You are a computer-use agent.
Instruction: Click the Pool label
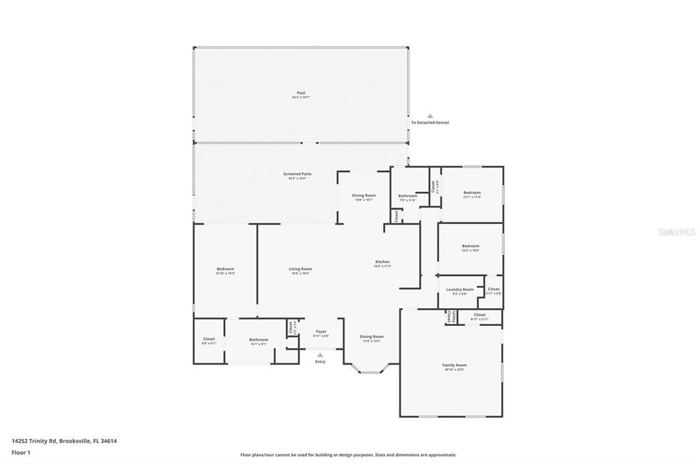click(x=301, y=93)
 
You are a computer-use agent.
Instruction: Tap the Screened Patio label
click(x=297, y=174)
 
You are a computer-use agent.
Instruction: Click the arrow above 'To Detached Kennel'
click(x=429, y=116)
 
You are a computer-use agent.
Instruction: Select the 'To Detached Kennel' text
click(x=429, y=122)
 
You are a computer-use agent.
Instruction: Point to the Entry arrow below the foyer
click(x=320, y=354)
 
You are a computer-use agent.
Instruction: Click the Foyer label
click(x=320, y=331)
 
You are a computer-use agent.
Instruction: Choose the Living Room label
click(x=300, y=269)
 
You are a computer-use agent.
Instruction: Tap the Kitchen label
click(x=383, y=262)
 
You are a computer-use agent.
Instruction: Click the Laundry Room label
click(x=460, y=289)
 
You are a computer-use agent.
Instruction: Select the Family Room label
click(x=454, y=365)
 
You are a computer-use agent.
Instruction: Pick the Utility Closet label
click(x=449, y=316)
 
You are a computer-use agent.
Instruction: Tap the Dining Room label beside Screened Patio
click(x=365, y=195)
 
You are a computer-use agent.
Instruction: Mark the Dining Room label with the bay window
click(x=372, y=336)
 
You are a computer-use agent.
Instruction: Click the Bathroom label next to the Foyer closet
click(x=259, y=339)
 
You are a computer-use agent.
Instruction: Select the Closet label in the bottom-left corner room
click(x=209, y=339)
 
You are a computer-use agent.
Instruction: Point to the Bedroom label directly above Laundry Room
click(x=470, y=246)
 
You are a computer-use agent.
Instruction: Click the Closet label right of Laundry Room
click(x=493, y=289)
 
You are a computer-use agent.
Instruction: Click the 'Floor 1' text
click(x=21, y=452)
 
